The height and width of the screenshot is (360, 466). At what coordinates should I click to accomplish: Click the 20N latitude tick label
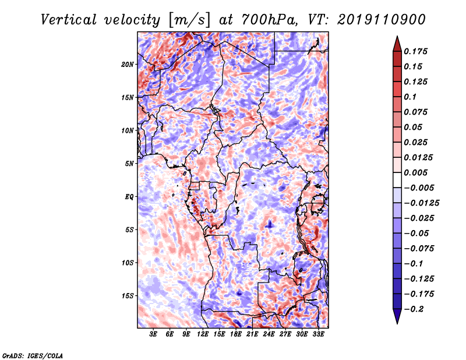tap(128, 64)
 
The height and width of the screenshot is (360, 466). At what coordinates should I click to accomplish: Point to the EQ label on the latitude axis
tap(130, 197)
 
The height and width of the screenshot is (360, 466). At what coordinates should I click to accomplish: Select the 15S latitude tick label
tap(128, 296)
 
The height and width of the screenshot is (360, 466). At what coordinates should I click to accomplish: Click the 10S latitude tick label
tap(128, 263)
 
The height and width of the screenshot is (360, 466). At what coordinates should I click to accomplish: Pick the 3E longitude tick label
tap(153, 335)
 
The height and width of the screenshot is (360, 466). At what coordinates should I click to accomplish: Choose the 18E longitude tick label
tap(236, 335)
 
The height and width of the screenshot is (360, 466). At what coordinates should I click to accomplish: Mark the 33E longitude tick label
tap(319, 335)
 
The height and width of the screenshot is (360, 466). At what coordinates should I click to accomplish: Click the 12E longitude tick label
tap(203, 335)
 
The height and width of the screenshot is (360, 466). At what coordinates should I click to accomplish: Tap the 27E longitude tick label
tap(285, 335)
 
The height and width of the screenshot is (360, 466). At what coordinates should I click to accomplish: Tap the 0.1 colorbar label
tap(410, 97)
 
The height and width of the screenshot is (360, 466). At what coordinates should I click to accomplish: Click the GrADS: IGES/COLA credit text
tap(32, 355)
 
